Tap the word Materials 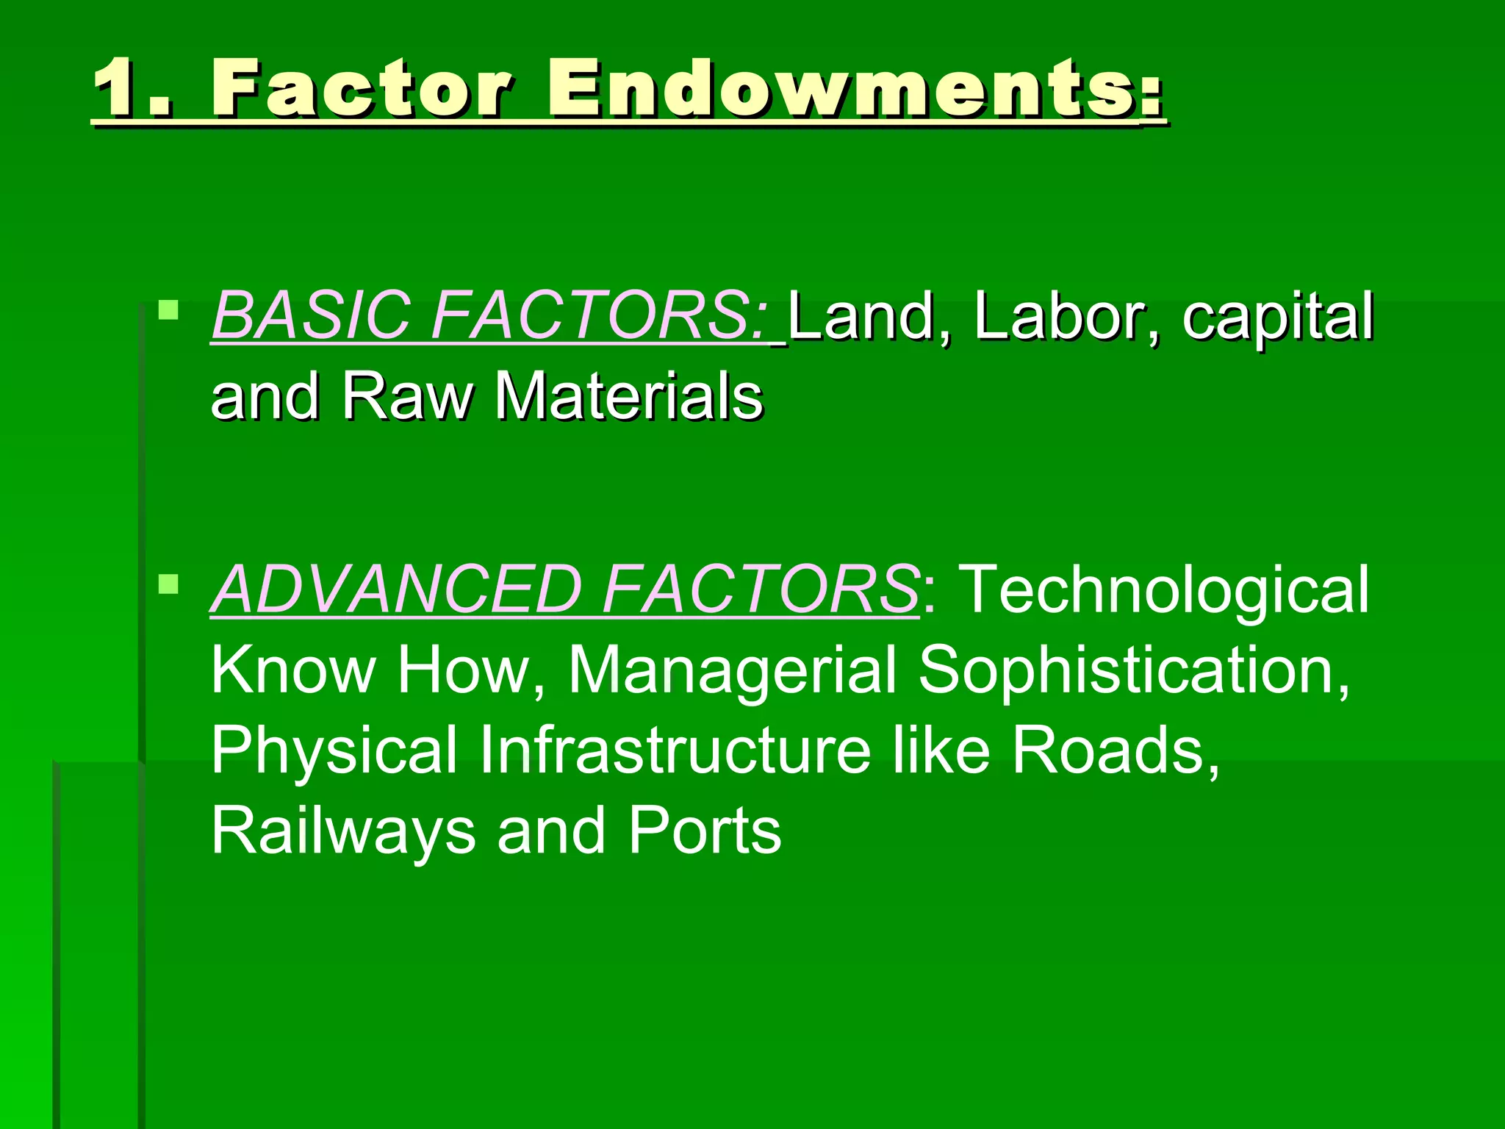628,397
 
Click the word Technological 1165,589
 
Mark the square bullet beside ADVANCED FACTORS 168,584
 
